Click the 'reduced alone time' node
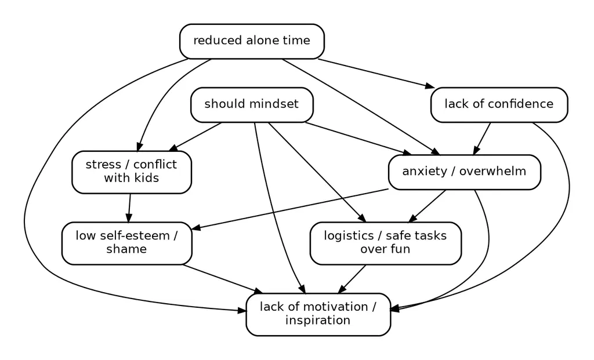(x=252, y=41)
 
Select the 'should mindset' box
(x=252, y=105)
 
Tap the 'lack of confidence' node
(x=499, y=105)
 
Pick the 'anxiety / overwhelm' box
(x=465, y=172)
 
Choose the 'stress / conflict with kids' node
(x=132, y=172)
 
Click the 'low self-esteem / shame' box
(x=126, y=243)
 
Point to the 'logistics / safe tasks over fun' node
(x=386, y=243)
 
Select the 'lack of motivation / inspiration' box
(x=318, y=315)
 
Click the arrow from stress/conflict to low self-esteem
(x=129, y=208)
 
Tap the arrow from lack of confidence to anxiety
(x=482, y=139)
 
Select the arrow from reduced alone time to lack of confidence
(x=376, y=74)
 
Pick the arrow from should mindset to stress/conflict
(x=195, y=137)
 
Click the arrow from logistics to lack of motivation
(x=352, y=279)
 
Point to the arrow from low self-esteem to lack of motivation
(x=223, y=279)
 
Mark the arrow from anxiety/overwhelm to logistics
(x=427, y=206)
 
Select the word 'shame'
(x=126, y=249)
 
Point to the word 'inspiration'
(x=318, y=320)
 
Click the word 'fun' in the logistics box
(x=401, y=249)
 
